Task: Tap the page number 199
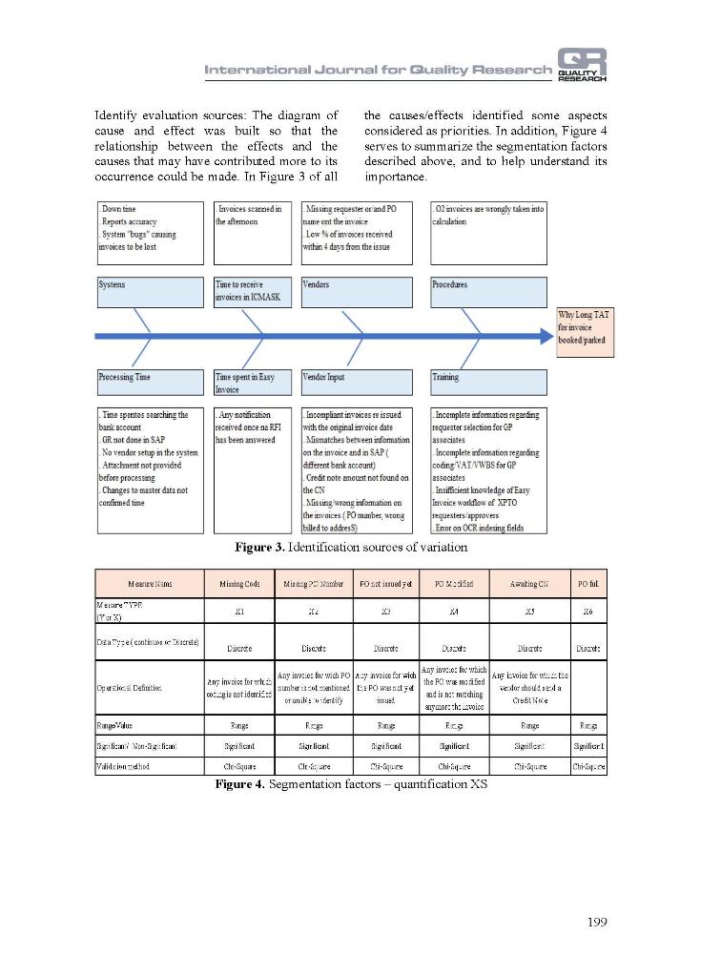594,921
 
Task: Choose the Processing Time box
150,383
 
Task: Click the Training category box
488,383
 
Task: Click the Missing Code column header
238,583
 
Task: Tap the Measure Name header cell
150,583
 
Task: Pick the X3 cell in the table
385,611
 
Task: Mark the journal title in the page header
378,70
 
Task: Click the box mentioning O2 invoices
488,232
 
